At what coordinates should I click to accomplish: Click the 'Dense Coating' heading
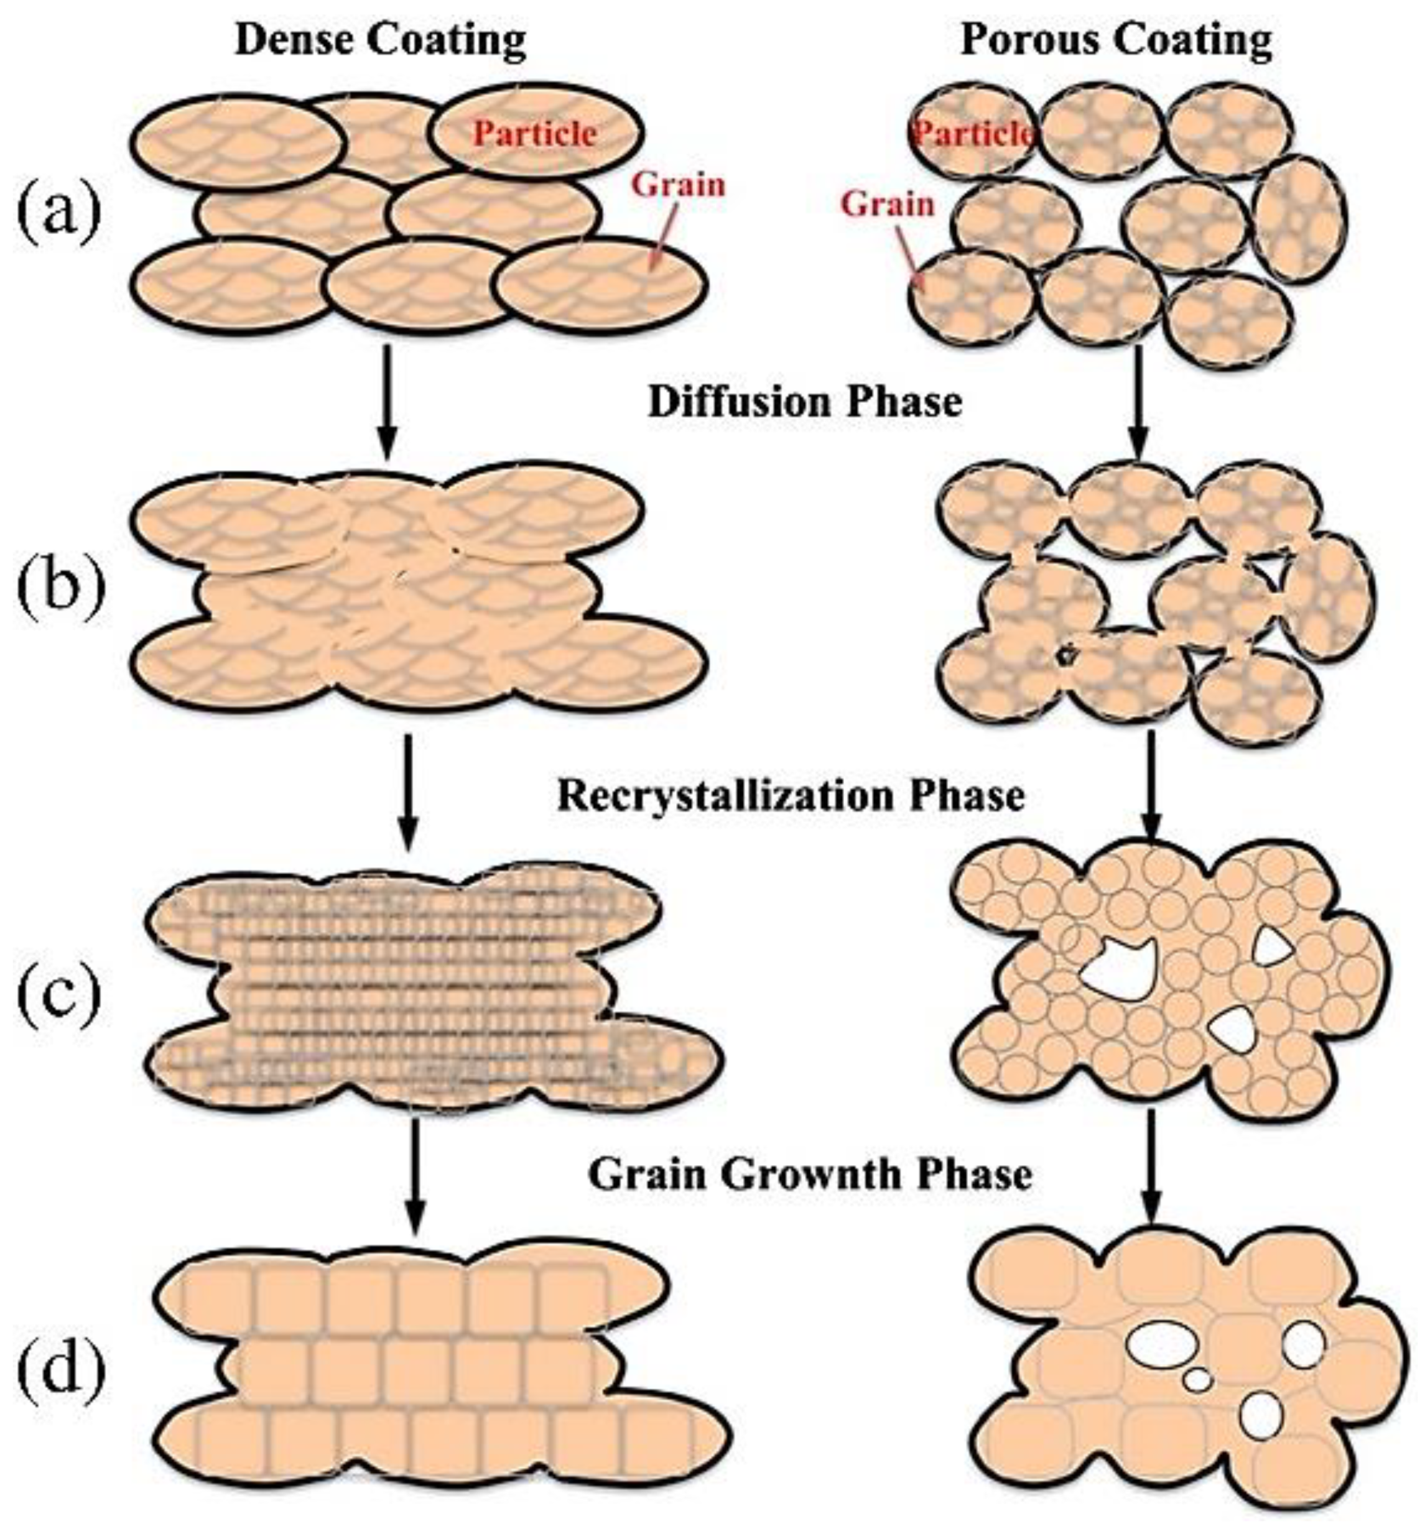point(380,40)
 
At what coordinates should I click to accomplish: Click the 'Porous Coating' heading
point(1116,40)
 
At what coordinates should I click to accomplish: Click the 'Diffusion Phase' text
point(805,402)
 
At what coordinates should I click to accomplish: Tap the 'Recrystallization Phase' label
point(790,796)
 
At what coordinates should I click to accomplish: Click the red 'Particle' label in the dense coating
point(535,134)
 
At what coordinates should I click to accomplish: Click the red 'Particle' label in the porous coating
point(974,134)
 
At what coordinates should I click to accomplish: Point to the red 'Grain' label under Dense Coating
point(678,185)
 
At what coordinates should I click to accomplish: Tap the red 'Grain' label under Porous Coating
point(887,205)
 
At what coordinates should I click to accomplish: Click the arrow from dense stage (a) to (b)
point(387,400)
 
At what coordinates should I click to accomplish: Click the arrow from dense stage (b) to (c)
point(409,792)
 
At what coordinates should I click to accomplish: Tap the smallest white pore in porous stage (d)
point(1197,1380)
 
